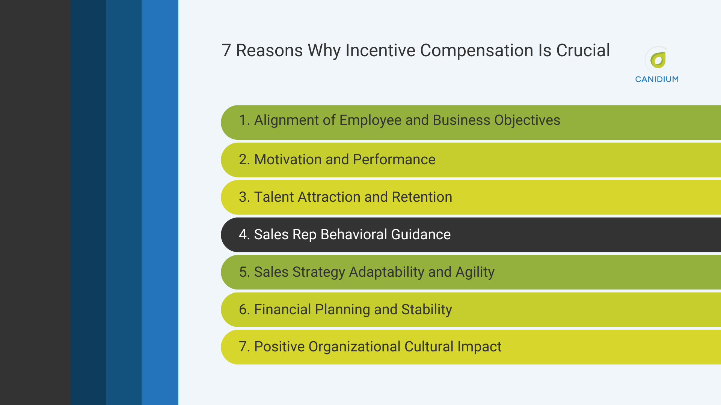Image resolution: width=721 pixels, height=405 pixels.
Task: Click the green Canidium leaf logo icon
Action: coord(658,60)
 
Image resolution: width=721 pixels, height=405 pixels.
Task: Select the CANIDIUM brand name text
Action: coord(657,79)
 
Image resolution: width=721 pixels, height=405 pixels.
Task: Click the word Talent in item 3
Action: coord(274,197)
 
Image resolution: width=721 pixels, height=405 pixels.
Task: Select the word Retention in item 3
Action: coord(422,197)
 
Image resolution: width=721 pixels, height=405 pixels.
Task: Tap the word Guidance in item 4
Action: coord(421,235)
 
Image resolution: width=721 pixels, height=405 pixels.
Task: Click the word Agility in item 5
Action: coord(475,272)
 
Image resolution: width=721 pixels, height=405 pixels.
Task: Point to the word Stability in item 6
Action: coord(426,310)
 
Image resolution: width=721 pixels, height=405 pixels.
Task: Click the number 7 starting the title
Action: coord(226,51)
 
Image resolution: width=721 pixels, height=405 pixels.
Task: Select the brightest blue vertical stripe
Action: coord(160,202)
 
